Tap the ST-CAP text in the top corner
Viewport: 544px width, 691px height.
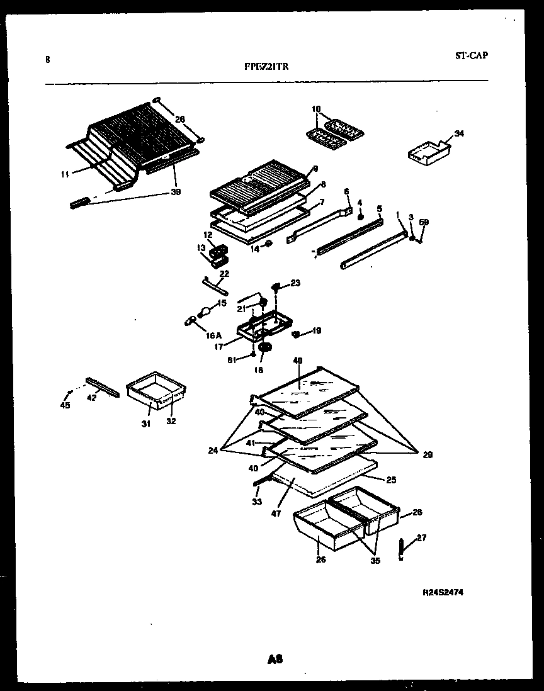pyautogui.click(x=471, y=55)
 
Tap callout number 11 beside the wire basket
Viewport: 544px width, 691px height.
pyautogui.click(x=65, y=174)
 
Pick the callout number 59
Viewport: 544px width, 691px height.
pyautogui.click(x=424, y=222)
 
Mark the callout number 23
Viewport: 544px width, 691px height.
pyautogui.click(x=296, y=283)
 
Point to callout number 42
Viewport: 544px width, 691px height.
pyautogui.click(x=92, y=398)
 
